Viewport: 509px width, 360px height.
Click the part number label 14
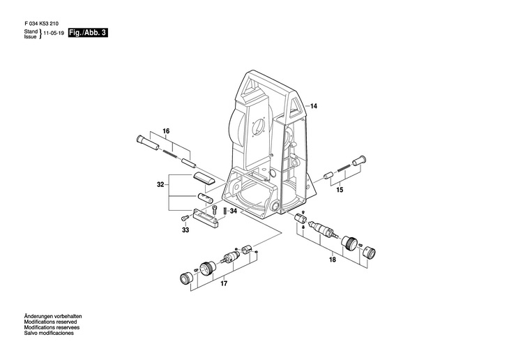point(314,106)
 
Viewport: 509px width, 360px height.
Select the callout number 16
point(166,131)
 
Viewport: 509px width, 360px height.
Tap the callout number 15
point(340,190)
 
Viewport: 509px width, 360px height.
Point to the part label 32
point(160,185)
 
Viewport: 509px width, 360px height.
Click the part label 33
point(185,230)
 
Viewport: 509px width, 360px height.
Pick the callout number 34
point(234,211)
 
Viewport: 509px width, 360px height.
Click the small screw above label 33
point(185,219)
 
